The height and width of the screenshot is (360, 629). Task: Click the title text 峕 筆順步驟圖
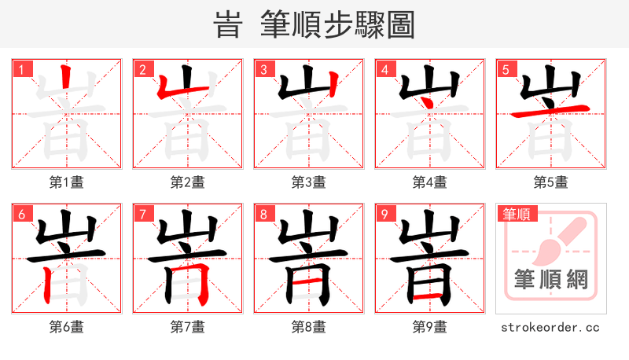tap(314, 25)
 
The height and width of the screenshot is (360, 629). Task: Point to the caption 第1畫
tap(66, 182)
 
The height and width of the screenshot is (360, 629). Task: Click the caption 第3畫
tap(308, 182)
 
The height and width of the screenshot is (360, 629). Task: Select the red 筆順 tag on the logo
tap(516, 214)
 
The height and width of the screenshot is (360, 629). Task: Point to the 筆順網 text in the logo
tap(550, 280)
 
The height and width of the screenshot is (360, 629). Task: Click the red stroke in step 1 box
tap(67, 81)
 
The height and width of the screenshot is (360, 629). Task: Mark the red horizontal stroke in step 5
tap(550, 110)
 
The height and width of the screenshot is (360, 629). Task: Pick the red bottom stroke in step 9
tap(429, 297)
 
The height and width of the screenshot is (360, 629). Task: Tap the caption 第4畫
tap(429, 182)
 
